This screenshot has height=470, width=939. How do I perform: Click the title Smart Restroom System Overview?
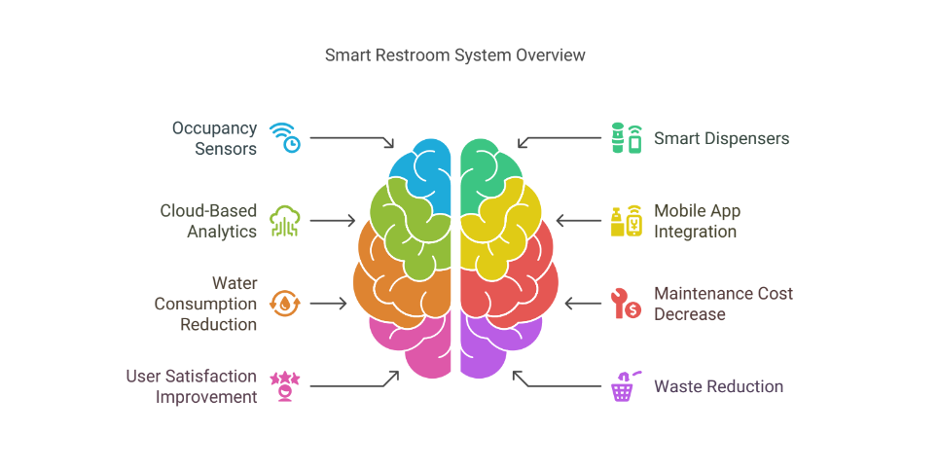point(454,55)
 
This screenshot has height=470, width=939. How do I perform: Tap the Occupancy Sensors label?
point(214,138)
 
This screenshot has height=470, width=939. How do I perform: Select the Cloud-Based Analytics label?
point(208,221)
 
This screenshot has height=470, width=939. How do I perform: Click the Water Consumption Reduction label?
point(205,304)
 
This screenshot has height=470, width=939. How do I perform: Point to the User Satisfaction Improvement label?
point(192,386)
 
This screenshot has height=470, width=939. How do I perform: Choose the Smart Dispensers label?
point(721,138)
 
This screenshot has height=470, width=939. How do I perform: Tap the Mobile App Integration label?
point(697,221)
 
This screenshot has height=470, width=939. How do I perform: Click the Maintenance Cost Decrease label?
point(723,304)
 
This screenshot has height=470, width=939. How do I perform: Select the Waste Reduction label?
point(718,386)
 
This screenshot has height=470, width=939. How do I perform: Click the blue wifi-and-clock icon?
point(285,138)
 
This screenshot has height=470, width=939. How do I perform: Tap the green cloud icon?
point(285,221)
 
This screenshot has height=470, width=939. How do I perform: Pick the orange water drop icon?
point(285,304)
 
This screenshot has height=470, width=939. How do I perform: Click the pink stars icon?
point(285,386)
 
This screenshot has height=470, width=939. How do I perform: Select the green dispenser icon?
point(626,138)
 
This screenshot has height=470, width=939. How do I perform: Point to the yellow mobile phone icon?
point(626,221)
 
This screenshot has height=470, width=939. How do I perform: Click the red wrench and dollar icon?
point(626,304)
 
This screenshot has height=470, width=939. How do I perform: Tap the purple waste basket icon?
point(624,386)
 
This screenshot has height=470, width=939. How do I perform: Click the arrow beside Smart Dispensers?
point(560,140)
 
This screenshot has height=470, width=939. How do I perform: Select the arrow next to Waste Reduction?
point(557,381)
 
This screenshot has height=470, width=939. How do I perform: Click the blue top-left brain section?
point(420,165)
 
